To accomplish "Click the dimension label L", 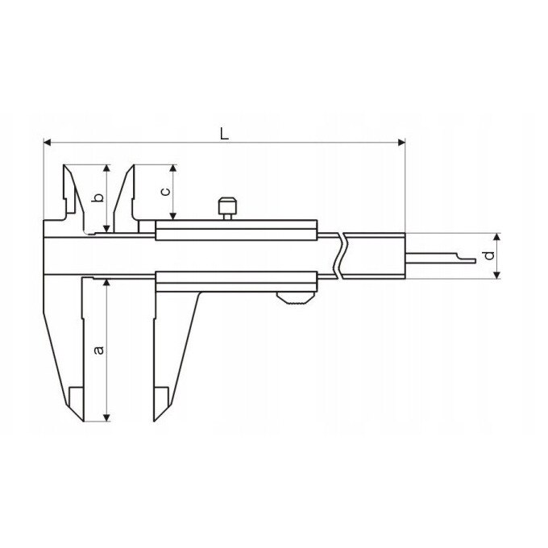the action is tap(224, 134).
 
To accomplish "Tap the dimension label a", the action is tap(100, 350).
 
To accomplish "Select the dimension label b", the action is tap(100, 197).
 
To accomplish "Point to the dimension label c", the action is tap(166, 192).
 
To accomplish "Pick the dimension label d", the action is tap(490, 255).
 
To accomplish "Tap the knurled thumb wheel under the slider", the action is tap(296, 298).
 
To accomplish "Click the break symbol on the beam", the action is tap(341, 255).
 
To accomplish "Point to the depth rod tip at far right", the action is tap(475, 261).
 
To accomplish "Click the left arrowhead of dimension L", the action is tap(48, 143).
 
